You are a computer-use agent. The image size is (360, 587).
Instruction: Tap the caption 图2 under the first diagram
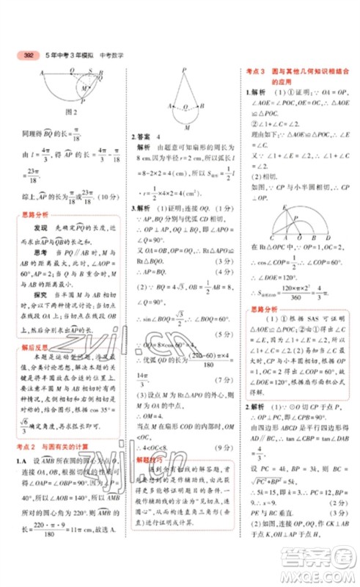(71, 112)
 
